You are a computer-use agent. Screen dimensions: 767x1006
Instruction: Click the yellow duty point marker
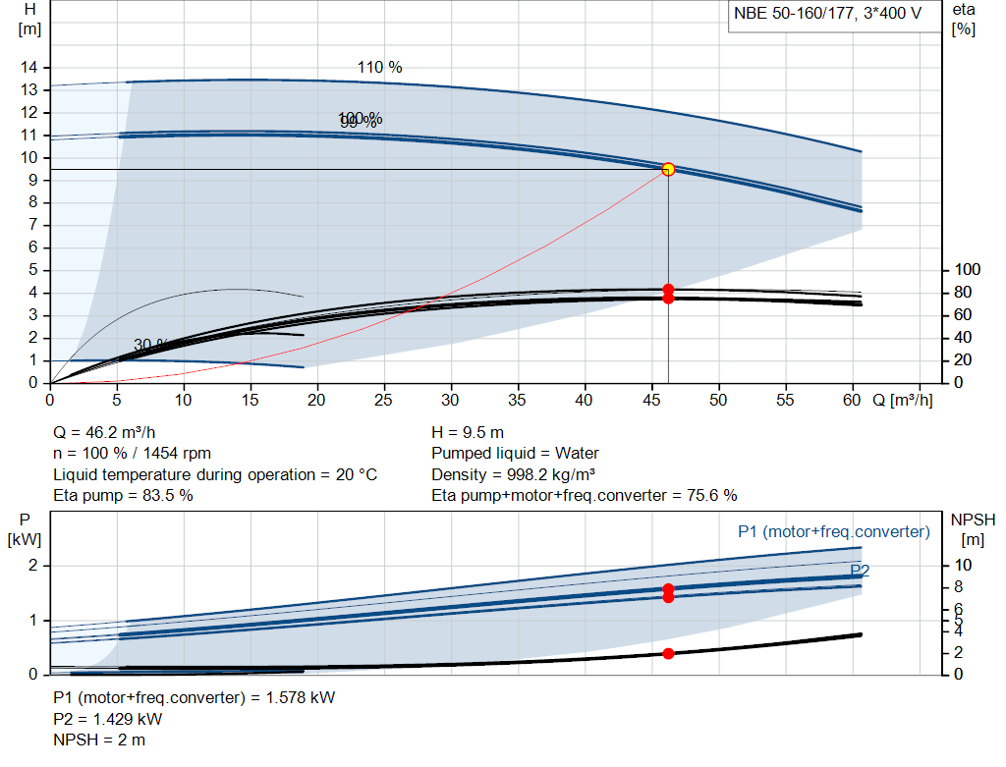pyautogui.click(x=668, y=169)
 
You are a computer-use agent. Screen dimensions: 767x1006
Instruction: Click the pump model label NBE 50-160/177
pyautogui.click(x=825, y=15)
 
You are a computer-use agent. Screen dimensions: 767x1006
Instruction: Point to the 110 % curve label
pyautogui.click(x=379, y=67)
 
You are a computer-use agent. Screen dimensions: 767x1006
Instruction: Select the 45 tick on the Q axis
pyautogui.click(x=650, y=401)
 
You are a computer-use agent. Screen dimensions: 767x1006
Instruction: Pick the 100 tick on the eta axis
pyautogui.click(x=968, y=270)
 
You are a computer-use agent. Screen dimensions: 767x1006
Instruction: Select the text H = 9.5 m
pyautogui.click(x=469, y=432)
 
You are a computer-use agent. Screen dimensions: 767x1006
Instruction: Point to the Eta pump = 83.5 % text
pyautogui.click(x=123, y=496)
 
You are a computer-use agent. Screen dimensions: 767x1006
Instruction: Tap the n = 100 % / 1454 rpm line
pyautogui.click(x=132, y=454)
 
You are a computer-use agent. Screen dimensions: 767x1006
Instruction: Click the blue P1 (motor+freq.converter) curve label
pyautogui.click(x=833, y=531)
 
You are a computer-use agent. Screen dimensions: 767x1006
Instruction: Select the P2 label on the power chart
pyautogui.click(x=860, y=570)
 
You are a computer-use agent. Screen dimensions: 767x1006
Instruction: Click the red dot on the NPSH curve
pyautogui.click(x=668, y=653)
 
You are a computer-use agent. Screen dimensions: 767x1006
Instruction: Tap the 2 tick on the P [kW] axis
pyautogui.click(x=31, y=565)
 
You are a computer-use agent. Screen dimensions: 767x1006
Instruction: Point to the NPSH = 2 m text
pyautogui.click(x=99, y=740)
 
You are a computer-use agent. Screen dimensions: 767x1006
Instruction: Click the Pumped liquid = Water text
pyautogui.click(x=515, y=454)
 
